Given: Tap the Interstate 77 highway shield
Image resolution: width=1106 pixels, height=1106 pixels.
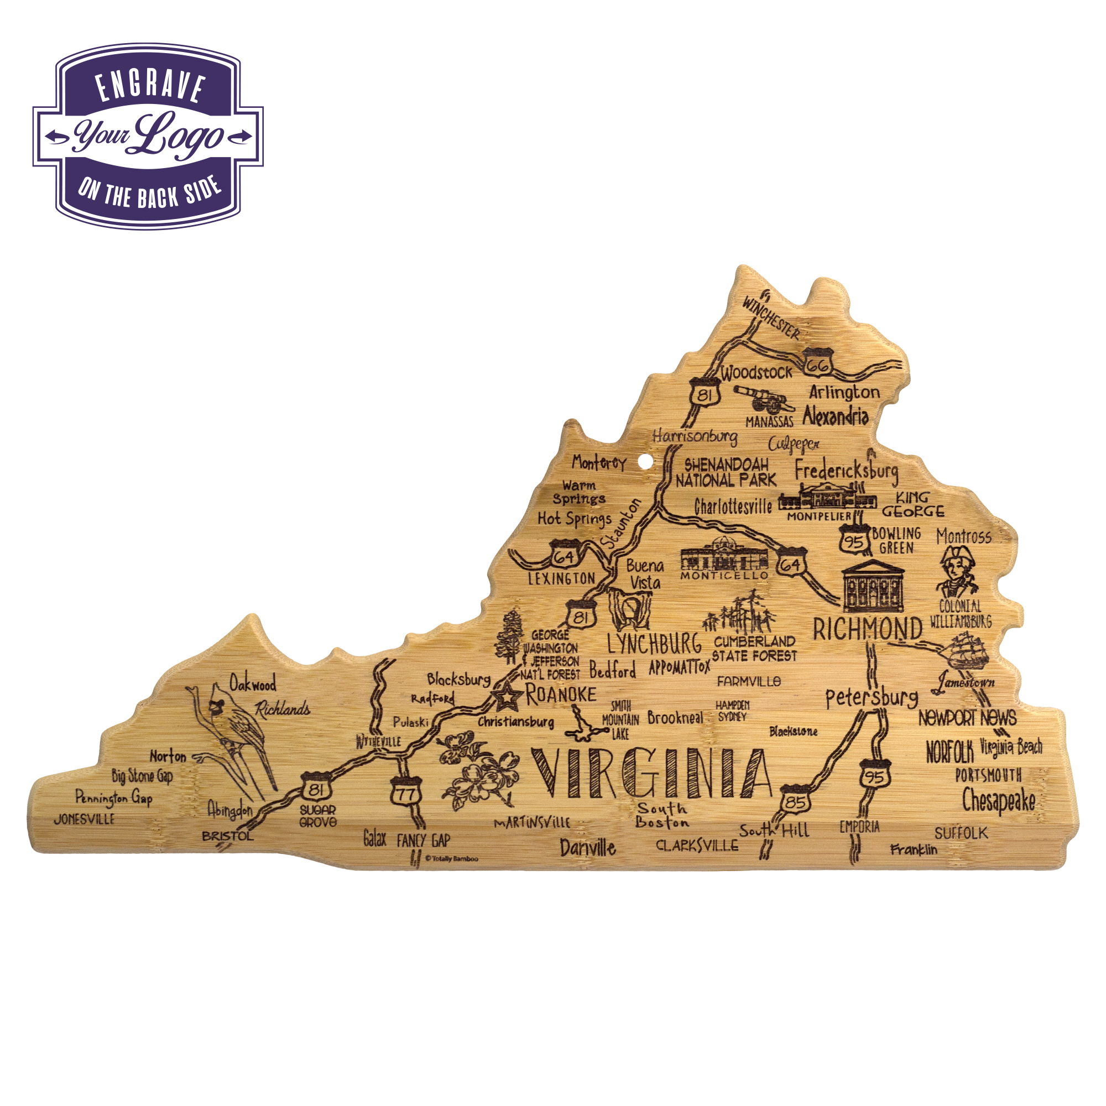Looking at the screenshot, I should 406,792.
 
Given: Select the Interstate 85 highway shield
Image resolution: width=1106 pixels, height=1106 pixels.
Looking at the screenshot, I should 796,800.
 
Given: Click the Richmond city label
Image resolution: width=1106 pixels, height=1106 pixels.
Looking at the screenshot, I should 867,630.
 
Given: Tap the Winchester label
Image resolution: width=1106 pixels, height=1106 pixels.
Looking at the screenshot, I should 771,316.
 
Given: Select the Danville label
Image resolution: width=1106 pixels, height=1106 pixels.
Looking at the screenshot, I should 587,848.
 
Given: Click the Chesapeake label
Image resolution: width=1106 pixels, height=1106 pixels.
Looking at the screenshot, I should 998,801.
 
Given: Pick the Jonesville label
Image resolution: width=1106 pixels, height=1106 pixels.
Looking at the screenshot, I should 84,819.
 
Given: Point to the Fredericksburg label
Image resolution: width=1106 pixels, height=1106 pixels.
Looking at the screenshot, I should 846,471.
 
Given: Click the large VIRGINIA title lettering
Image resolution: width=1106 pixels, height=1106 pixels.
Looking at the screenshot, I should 651,774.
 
